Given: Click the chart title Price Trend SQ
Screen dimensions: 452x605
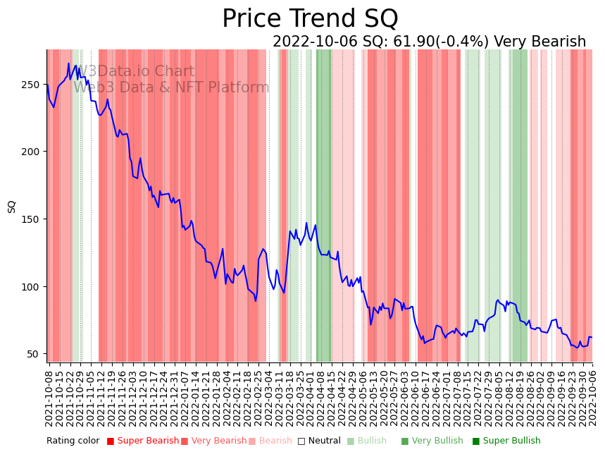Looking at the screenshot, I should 310,19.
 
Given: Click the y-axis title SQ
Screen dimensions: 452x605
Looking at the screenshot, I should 12,206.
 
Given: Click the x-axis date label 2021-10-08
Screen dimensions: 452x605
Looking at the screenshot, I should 49,398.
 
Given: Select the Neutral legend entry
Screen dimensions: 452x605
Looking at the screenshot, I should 319,441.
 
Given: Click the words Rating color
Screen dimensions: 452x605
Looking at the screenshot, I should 73,441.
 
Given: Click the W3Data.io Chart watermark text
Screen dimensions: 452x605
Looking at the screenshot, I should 135,71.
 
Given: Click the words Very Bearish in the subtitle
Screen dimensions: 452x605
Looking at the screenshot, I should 539,42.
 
